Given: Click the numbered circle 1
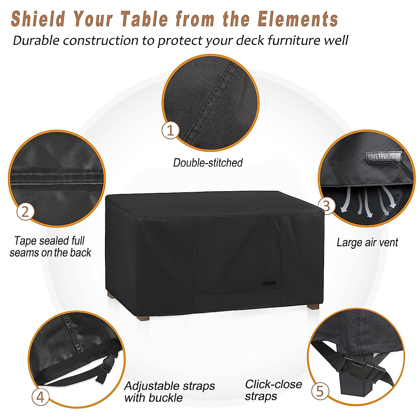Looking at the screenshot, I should click(170, 130).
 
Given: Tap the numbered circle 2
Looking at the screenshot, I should click(25, 212).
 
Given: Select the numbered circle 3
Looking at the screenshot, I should click(326, 206).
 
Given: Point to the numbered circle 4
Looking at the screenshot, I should click(41, 397).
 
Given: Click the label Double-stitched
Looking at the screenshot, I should click(208, 163).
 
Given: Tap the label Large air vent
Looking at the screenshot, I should click(367, 243).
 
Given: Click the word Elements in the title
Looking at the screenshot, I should click(298, 19).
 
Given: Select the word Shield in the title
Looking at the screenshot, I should click(38, 19).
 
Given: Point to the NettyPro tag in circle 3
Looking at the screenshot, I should click(384, 156).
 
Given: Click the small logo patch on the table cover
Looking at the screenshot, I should click(270, 282).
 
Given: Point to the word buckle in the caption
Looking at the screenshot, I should click(166, 398).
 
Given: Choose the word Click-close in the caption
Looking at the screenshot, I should click(273, 384).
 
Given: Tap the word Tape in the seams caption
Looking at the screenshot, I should click(26, 241).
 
